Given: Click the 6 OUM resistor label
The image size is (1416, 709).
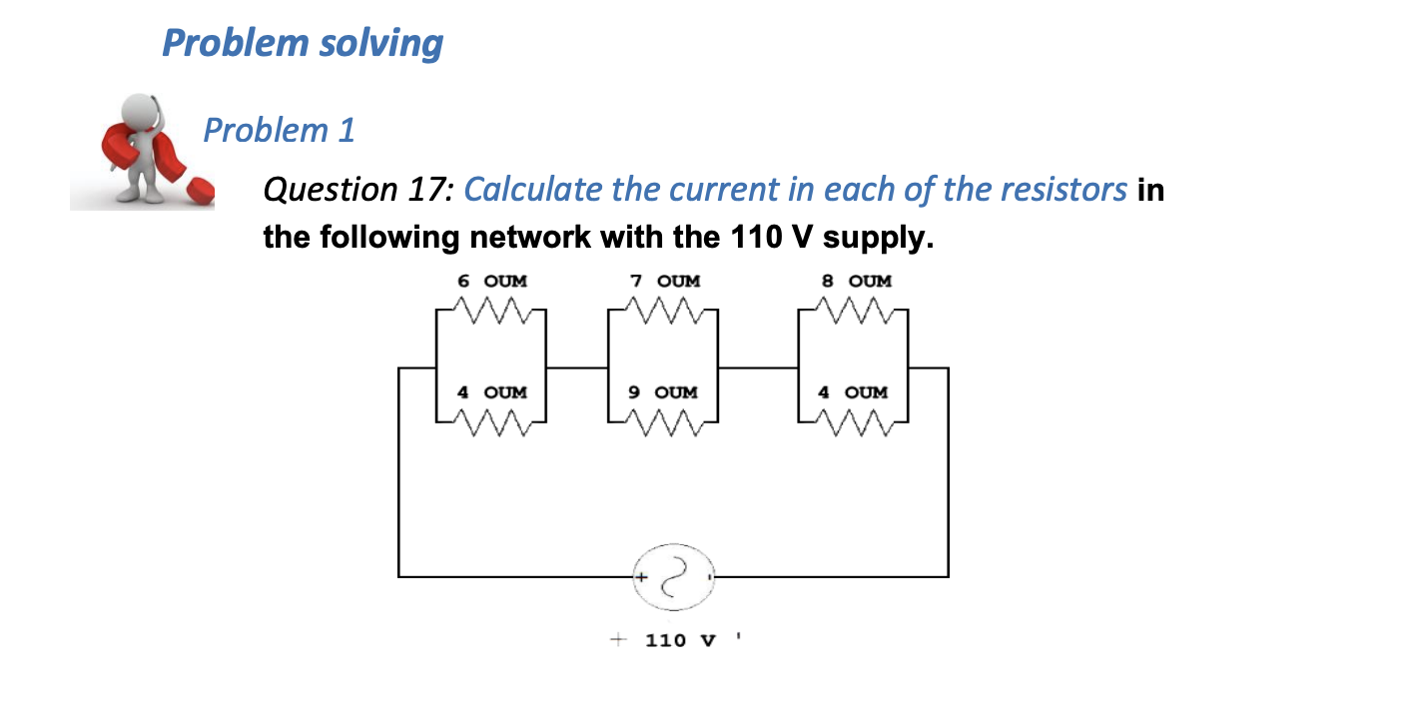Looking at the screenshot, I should [x=492, y=282].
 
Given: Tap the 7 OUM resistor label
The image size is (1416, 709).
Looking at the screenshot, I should [x=666, y=282].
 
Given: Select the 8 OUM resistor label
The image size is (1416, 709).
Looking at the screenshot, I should [x=857, y=282].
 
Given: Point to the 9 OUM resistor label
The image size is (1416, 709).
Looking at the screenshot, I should [x=663, y=392].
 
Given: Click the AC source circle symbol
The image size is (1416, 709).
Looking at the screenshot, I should [x=673, y=576].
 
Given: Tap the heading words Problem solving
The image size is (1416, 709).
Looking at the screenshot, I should [x=302, y=43].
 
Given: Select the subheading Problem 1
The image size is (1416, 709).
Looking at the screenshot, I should [x=279, y=130].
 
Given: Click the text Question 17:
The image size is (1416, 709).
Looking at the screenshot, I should [x=358, y=189].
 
